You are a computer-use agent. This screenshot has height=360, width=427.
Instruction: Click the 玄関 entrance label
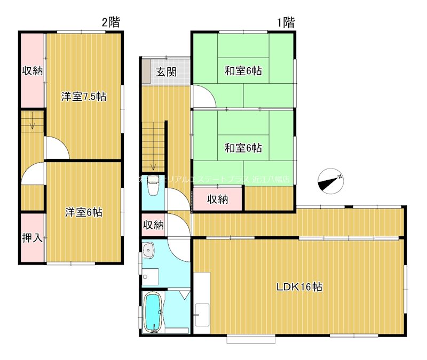(x=166, y=72)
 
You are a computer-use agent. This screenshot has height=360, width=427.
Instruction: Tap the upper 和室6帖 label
(x=243, y=70)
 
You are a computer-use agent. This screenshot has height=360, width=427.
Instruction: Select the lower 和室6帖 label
(x=243, y=148)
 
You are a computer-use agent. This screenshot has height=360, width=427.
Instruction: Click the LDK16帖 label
(x=299, y=286)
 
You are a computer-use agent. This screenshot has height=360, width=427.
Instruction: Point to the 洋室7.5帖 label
(x=83, y=97)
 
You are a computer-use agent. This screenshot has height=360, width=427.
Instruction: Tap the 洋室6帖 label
(x=84, y=212)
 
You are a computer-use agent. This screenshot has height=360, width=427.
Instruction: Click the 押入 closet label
(x=32, y=237)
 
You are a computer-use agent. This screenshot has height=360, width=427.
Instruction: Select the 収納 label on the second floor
(x=32, y=70)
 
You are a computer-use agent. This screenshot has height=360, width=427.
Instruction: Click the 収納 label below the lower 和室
(x=218, y=199)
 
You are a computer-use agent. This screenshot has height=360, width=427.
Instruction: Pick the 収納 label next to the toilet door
(x=153, y=225)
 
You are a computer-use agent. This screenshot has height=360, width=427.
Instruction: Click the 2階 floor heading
(x=111, y=22)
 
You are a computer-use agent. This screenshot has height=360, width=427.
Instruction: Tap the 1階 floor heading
(x=286, y=22)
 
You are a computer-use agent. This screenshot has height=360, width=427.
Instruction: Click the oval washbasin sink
(x=148, y=250)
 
